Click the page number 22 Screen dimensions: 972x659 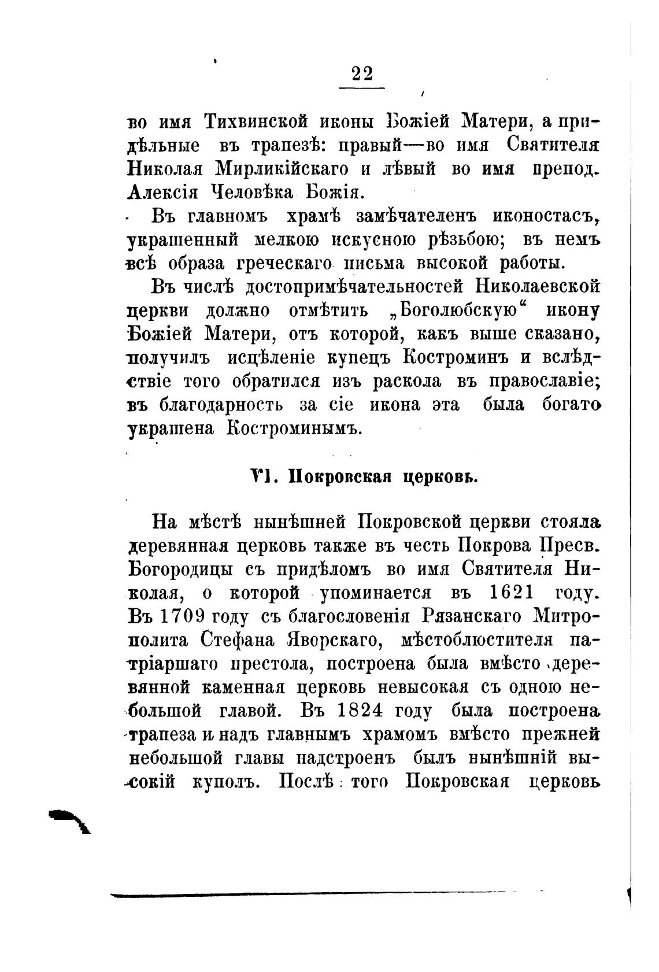pos(361,74)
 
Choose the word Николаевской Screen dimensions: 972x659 pos(539,287)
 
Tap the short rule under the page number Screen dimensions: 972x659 pos(361,88)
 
